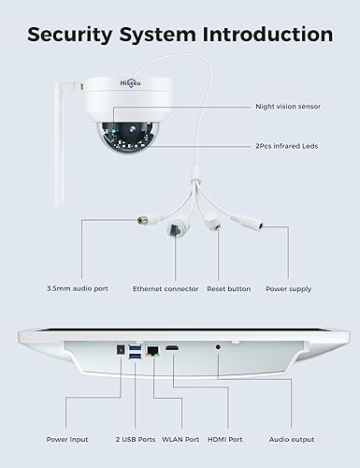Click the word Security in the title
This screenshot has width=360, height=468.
(68, 35)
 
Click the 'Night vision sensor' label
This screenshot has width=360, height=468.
(288, 106)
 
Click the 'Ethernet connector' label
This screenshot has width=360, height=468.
(166, 288)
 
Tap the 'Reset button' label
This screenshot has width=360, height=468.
(227, 288)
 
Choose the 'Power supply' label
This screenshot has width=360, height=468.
(289, 288)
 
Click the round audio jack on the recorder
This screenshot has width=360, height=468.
(218, 348)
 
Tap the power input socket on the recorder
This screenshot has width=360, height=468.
(121, 350)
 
